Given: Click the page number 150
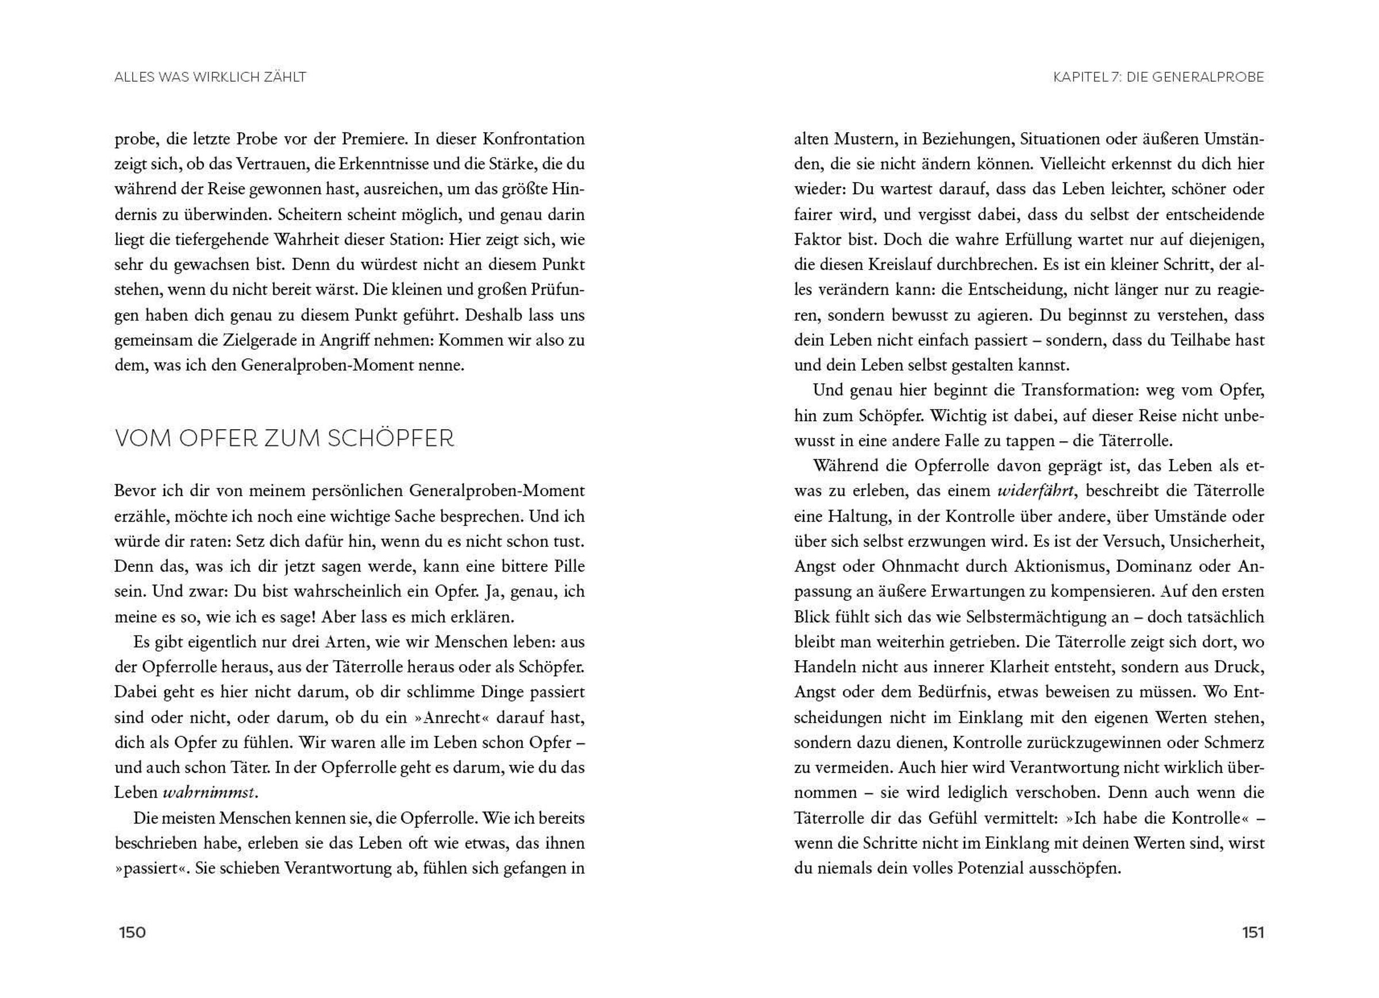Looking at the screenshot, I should pos(133,933).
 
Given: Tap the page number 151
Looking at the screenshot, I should pos(1253,933).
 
